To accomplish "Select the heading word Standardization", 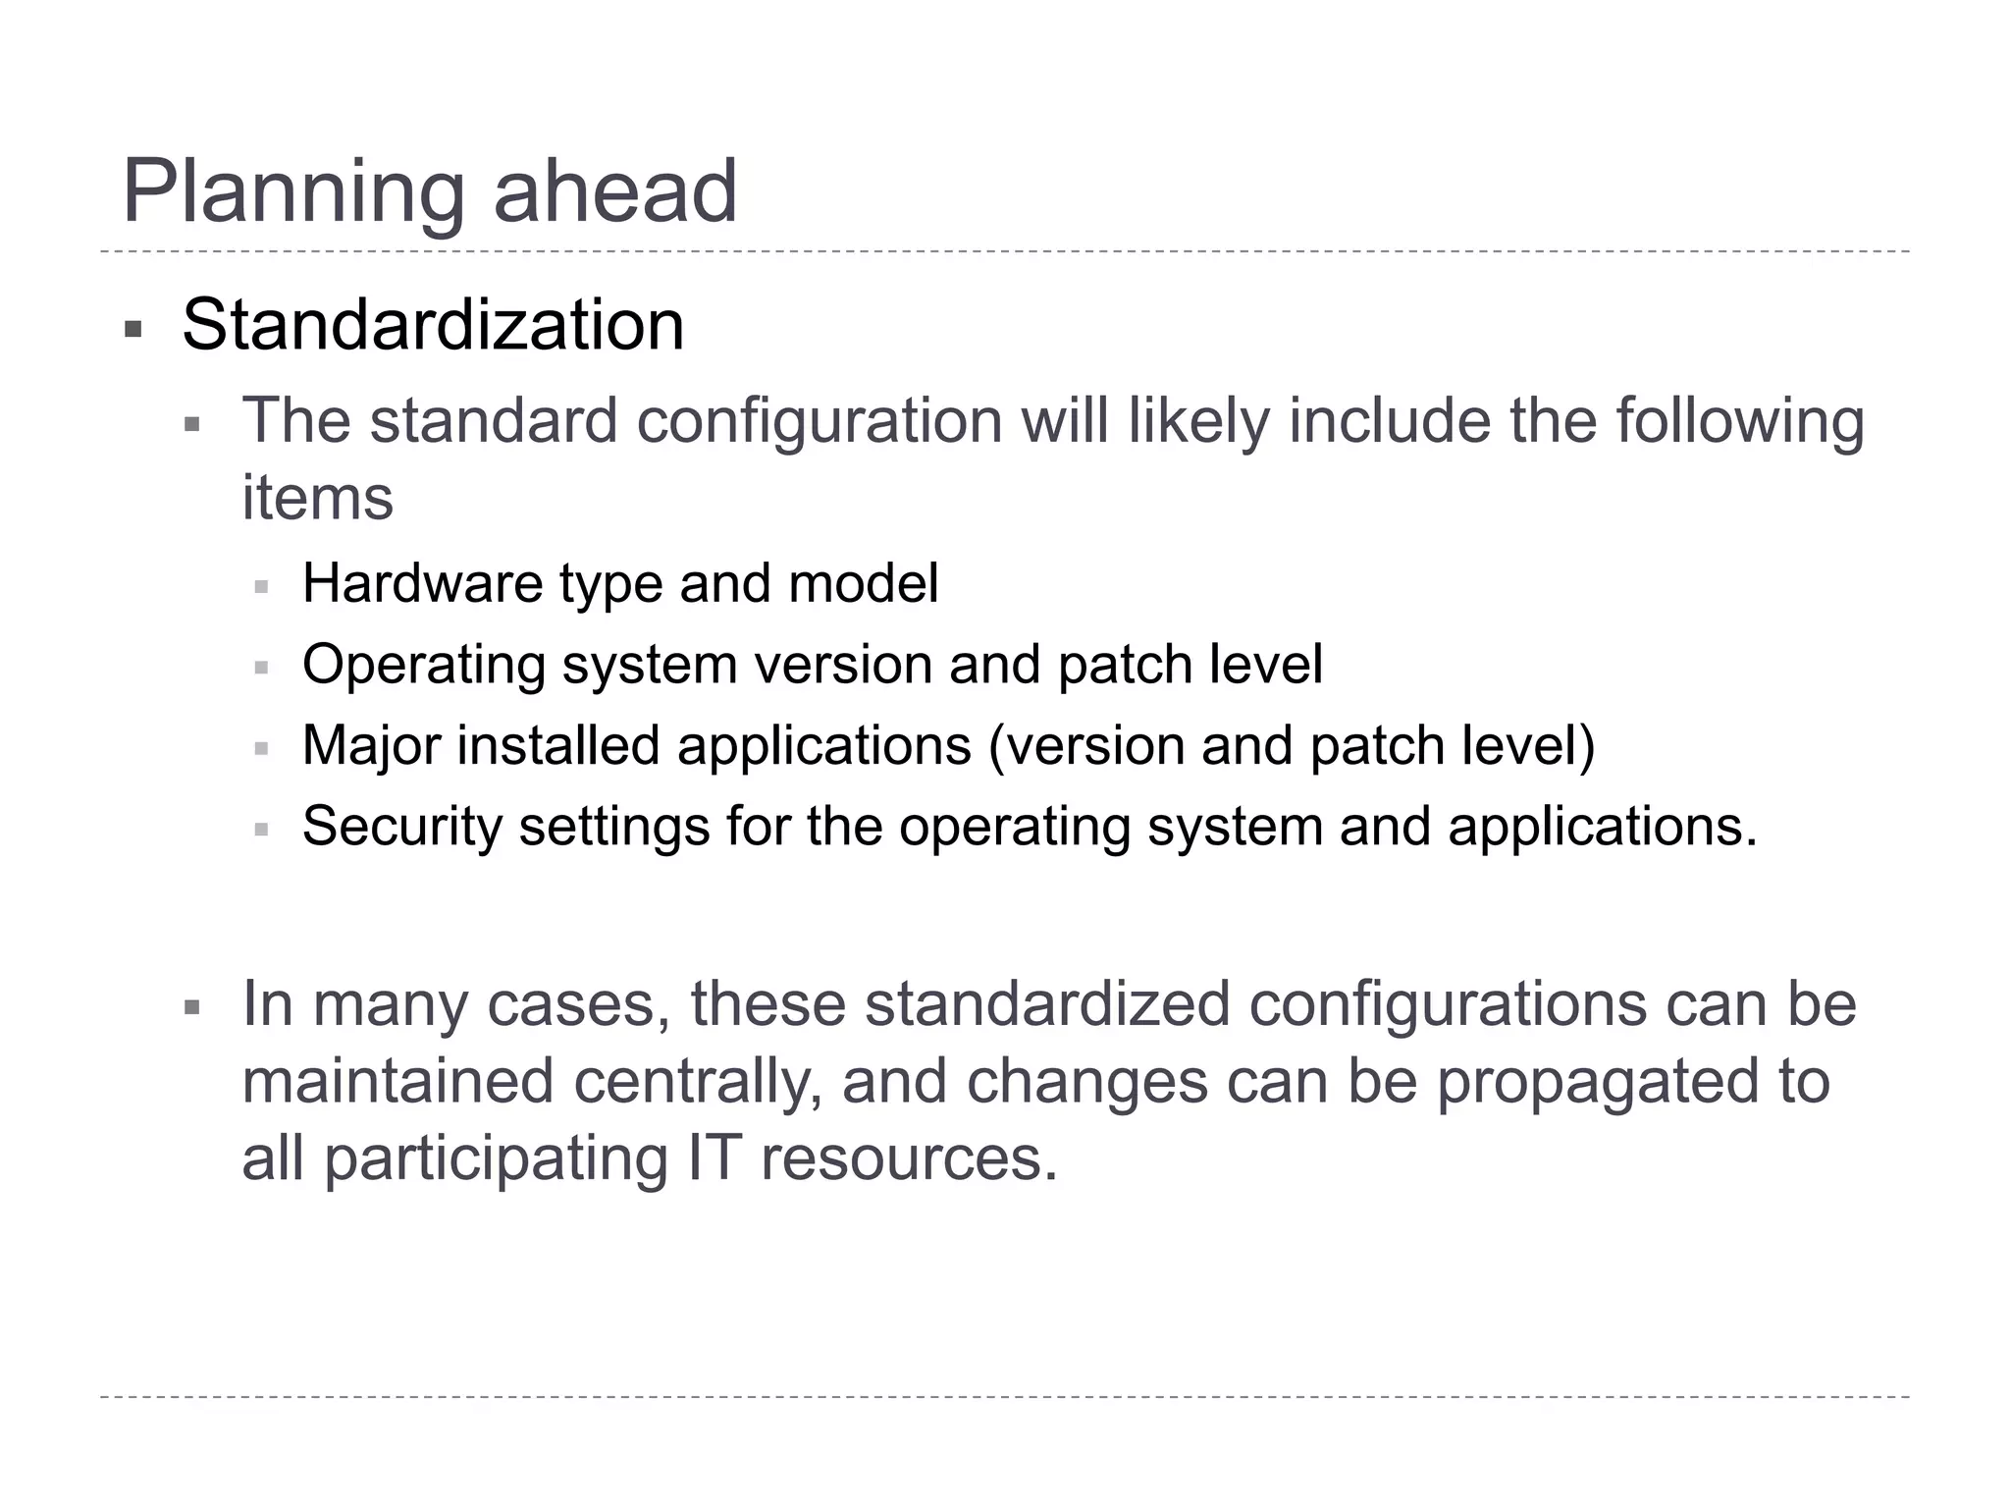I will click(433, 325).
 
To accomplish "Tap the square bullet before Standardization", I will click(133, 329).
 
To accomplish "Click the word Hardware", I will click(422, 583).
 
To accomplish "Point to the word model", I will click(863, 583).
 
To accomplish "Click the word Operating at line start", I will click(424, 666).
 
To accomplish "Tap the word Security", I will click(401, 827).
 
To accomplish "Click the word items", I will click(317, 498).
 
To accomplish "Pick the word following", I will click(1739, 422).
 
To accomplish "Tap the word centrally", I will click(697, 1082).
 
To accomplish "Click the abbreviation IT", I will click(714, 1158).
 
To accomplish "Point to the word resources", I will click(909, 1159).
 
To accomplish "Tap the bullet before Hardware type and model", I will click(261, 587).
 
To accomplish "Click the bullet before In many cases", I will click(192, 1007).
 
